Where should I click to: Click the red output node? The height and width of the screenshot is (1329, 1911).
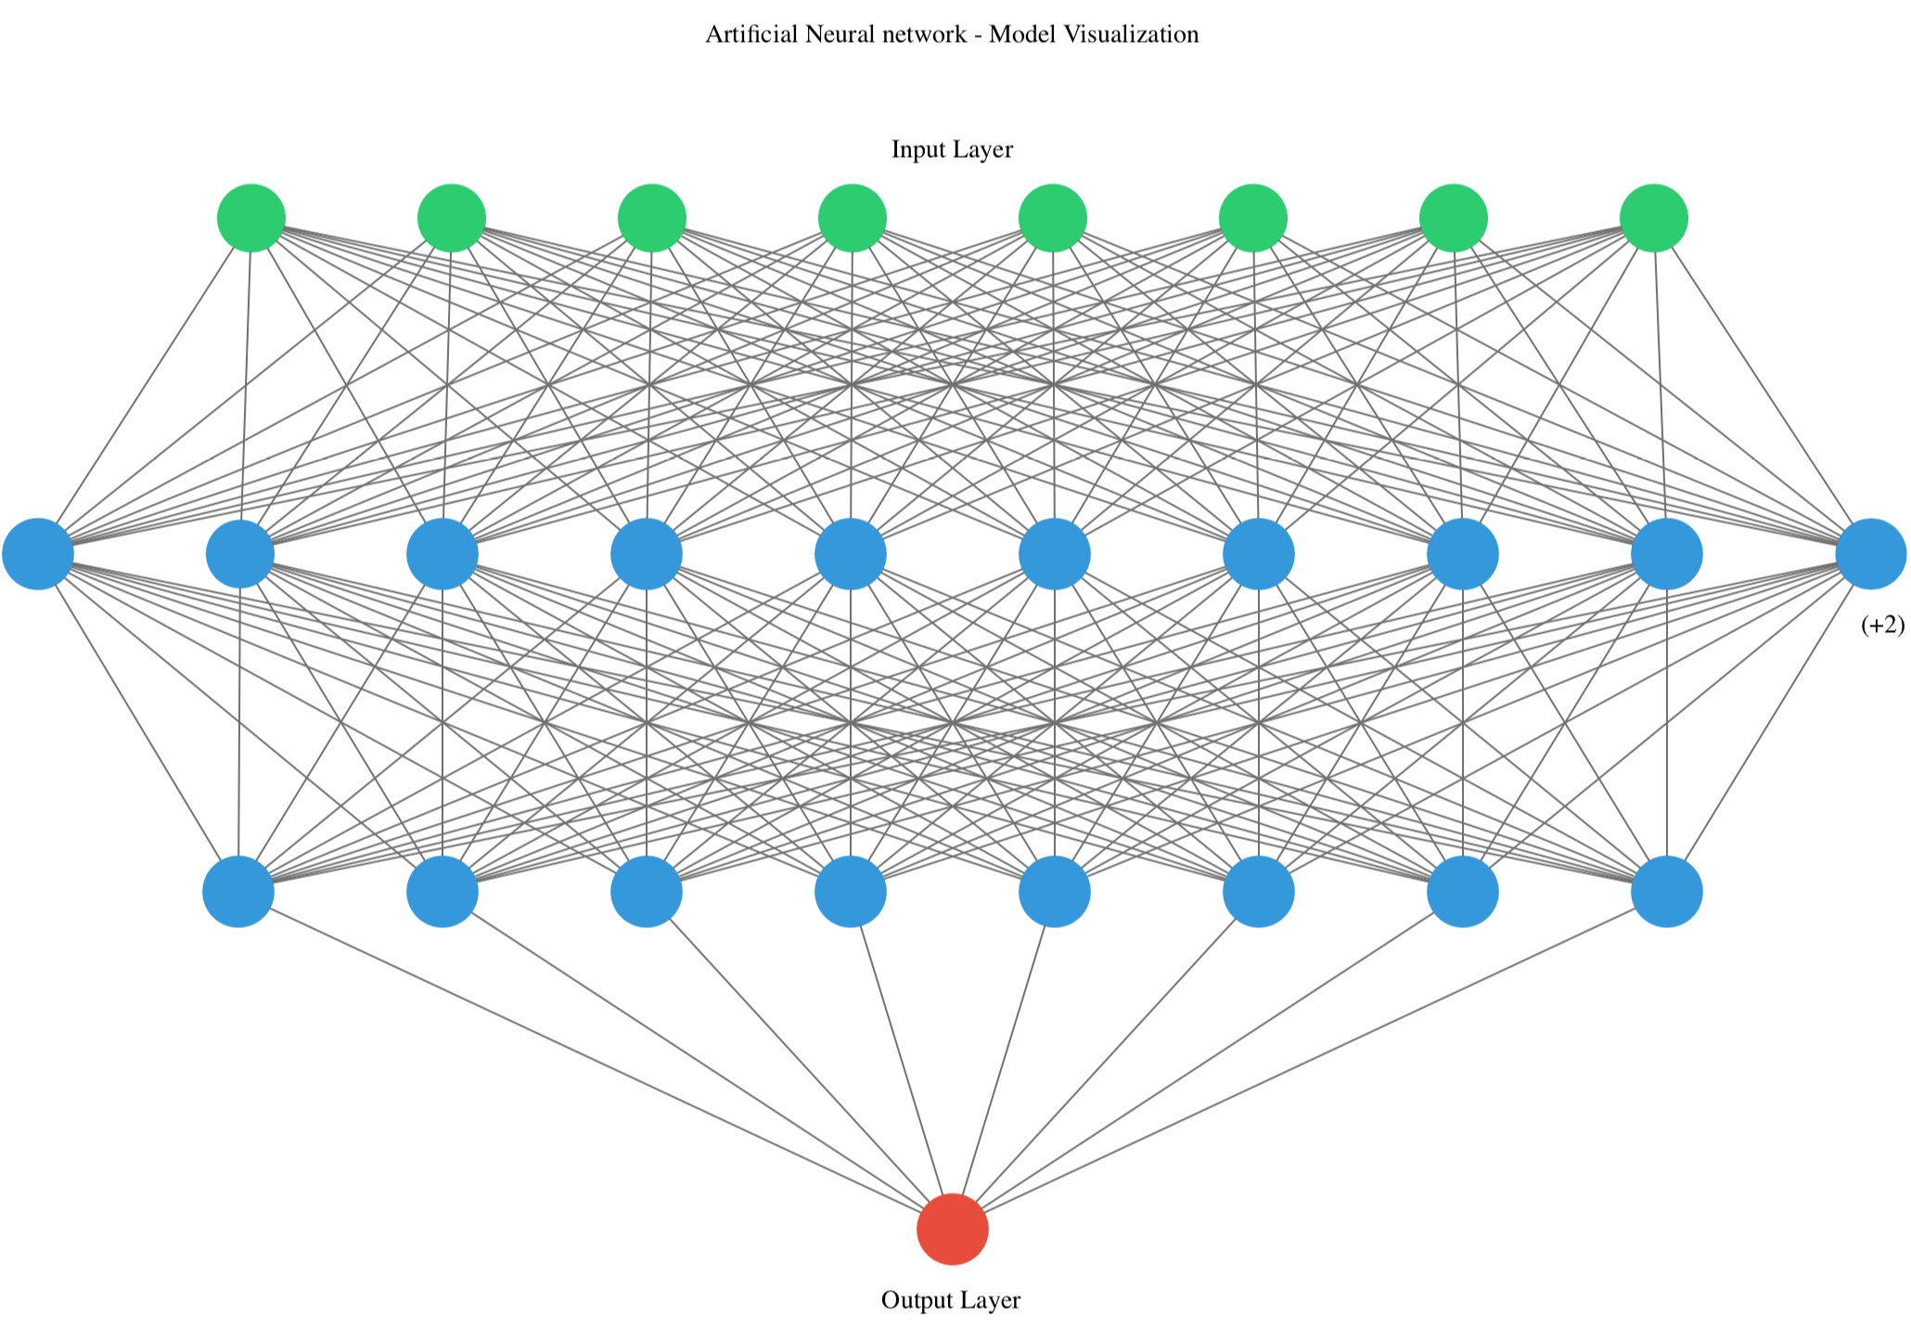point(952,1229)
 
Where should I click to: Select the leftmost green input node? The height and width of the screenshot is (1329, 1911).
point(250,218)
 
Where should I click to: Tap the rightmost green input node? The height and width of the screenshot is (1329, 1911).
point(1653,218)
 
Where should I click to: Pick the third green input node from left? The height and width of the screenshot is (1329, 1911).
point(651,218)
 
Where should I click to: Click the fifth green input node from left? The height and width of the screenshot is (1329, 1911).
point(1052,218)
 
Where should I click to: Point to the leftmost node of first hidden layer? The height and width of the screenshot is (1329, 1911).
point(38,554)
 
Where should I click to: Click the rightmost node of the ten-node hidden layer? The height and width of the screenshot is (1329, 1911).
point(1870,554)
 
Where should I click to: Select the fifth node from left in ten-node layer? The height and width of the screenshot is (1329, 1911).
point(850,554)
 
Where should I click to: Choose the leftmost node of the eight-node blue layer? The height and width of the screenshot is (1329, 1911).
point(238,891)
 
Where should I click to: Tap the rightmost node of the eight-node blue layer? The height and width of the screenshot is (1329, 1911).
point(1666,891)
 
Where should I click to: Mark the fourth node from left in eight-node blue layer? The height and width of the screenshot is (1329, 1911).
point(850,891)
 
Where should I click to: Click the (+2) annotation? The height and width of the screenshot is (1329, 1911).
point(1882,626)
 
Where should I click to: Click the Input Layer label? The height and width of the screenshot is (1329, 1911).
point(952,149)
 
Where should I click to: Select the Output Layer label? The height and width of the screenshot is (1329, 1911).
point(950,1300)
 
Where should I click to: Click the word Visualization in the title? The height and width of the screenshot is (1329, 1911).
point(1131,34)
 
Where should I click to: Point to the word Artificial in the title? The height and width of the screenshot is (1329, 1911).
point(751,34)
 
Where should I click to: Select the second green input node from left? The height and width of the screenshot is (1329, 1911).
point(451,218)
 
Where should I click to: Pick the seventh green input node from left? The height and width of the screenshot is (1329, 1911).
point(1453,218)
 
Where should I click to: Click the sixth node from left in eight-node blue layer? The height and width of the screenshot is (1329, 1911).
point(1258,891)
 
